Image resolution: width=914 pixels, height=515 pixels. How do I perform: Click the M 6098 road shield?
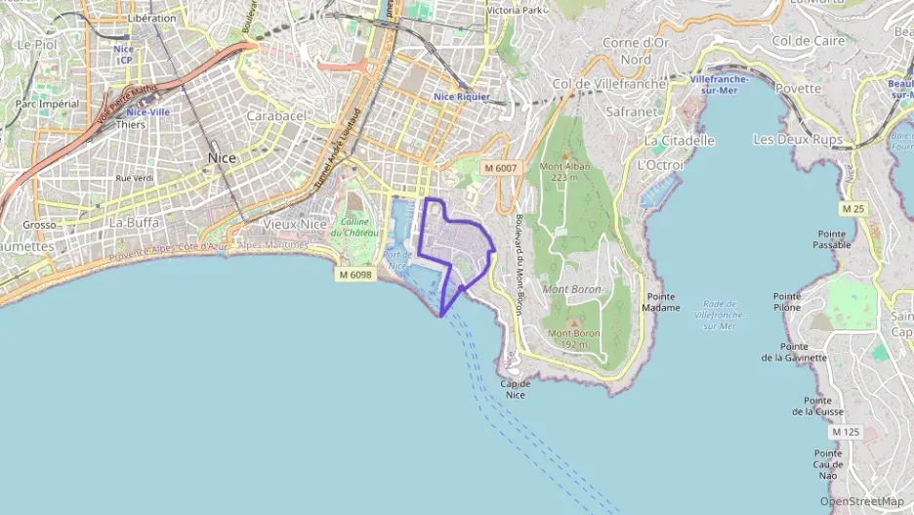(354, 275)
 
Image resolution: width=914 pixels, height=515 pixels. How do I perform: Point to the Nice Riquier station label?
(462, 97)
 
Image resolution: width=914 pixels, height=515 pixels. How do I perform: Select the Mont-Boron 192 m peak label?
(573, 338)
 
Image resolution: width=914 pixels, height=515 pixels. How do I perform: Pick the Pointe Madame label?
(662, 302)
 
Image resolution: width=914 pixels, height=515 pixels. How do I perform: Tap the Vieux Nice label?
(296, 224)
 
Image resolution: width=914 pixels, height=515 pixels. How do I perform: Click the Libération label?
(152, 18)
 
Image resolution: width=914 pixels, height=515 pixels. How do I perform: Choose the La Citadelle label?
(680, 141)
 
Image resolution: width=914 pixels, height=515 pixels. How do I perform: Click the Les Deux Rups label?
(798, 140)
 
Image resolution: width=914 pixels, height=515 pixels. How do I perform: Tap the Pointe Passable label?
(832, 239)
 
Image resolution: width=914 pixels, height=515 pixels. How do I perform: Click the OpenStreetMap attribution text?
(861, 501)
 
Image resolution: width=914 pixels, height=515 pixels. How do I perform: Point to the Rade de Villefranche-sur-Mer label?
(721, 314)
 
